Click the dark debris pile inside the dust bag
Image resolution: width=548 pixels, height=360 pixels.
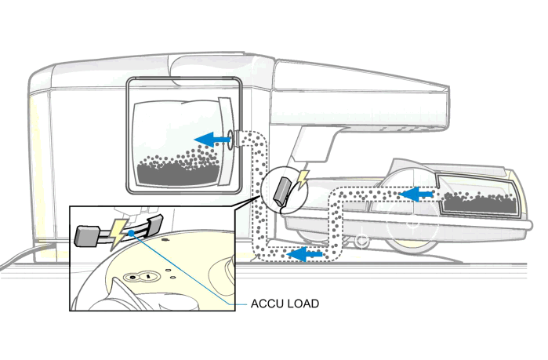tap(179, 168)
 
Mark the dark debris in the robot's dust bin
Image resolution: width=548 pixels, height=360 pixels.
tap(479, 202)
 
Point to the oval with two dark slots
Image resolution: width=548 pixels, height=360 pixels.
tap(140, 275)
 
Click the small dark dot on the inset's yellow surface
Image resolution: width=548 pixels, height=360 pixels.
tap(166, 275)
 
